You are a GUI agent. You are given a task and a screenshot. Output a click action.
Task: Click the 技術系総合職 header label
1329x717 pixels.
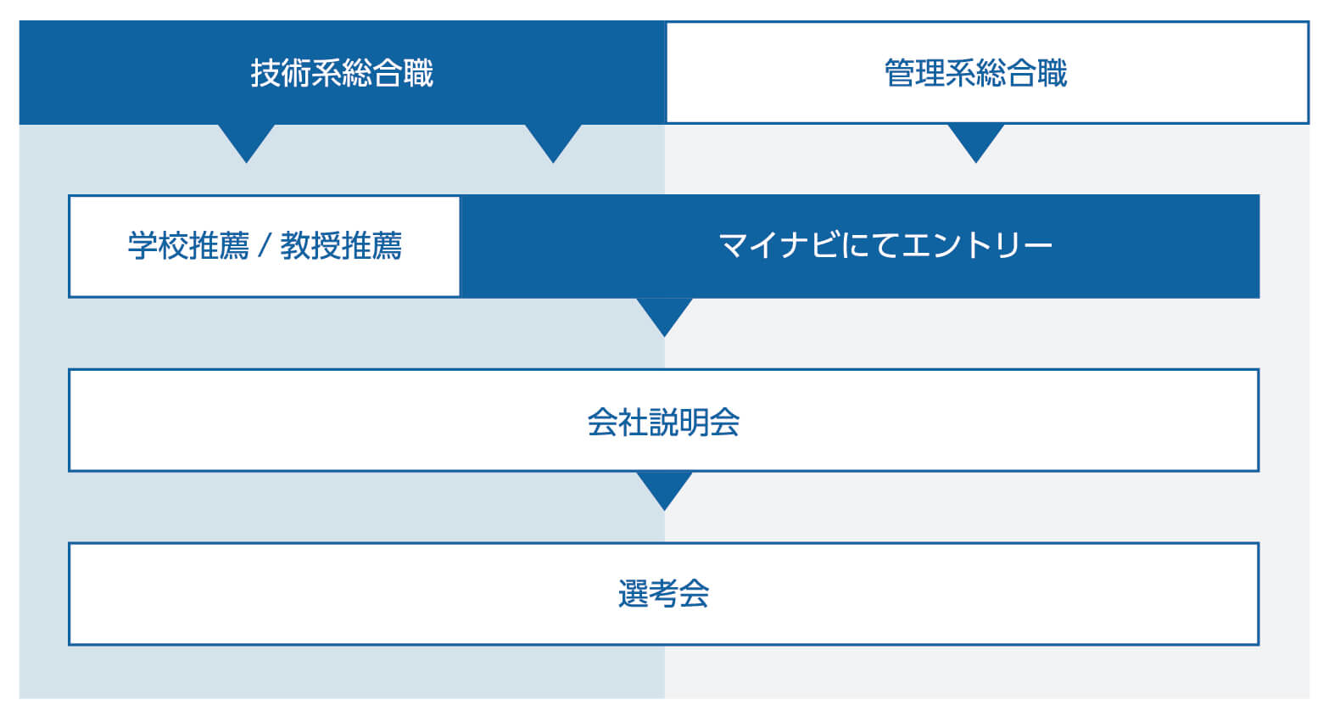[342, 73]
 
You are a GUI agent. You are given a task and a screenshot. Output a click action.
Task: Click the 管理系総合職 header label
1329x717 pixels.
[976, 73]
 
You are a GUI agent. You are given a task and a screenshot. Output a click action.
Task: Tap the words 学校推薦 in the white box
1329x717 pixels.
[188, 245]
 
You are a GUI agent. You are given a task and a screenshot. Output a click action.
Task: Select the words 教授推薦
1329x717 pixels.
[341, 245]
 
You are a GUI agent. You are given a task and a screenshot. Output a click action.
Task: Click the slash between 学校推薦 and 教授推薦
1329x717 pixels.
[265, 245]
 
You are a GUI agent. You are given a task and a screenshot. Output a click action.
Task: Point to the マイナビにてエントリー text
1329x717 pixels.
[885, 245]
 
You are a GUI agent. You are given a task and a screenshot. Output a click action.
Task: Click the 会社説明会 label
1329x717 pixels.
[663, 422]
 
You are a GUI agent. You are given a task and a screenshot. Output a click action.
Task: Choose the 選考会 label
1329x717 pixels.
[663, 593]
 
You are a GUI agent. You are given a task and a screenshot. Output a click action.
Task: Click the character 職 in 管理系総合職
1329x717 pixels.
[1053, 73]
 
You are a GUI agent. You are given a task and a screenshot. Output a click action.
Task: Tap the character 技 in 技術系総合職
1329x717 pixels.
[265, 73]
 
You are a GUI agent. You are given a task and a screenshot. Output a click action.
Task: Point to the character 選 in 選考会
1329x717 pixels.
[633, 593]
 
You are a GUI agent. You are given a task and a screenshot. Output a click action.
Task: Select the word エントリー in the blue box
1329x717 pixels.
[976, 245]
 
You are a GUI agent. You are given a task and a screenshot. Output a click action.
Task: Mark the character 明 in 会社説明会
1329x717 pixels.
[694, 422]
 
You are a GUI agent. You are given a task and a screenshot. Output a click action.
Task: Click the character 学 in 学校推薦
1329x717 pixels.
[143, 245]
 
